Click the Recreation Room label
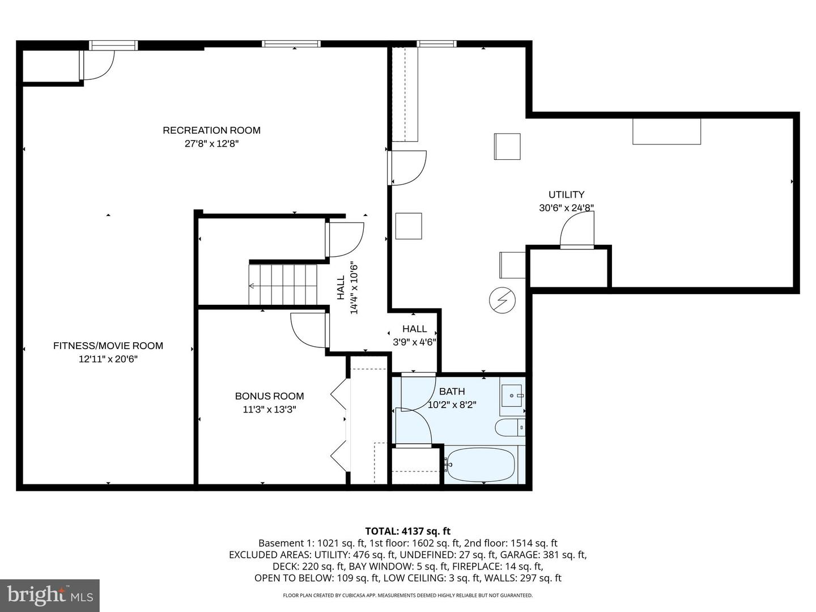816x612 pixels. coord(211,130)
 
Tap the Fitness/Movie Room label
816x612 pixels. coord(108,346)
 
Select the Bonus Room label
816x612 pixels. coord(269,396)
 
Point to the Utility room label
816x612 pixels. coord(566,194)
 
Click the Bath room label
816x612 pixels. coord(452,392)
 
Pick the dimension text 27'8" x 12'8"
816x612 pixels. coord(211,144)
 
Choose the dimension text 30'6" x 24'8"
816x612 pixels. coord(566,208)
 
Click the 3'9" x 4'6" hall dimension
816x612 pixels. coord(414,342)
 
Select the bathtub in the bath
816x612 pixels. coord(481,465)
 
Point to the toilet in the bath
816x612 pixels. coord(509,427)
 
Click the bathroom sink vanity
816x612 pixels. coord(512,395)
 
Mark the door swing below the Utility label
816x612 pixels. coord(577,229)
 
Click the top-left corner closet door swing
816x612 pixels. coord(97,64)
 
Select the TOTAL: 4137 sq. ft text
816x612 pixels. coord(407,531)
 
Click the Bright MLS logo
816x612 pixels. coord(50,595)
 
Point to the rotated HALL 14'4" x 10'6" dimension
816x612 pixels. coord(347,288)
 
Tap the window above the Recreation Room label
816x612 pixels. coord(291,44)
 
